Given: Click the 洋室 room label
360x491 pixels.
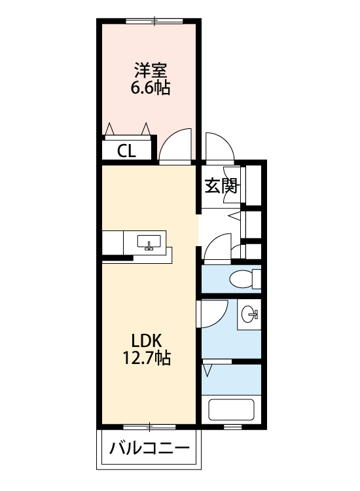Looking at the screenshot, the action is pos(151,70).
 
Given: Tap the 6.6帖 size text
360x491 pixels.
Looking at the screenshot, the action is pos(151,88).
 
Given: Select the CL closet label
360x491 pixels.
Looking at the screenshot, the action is pos(126,152).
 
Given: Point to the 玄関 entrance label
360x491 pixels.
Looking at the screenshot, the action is pos(221,186).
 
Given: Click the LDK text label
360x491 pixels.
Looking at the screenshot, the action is pos(146,340).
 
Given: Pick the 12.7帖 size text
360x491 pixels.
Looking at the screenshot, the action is pos(147,358).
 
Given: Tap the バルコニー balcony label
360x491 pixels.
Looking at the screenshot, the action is pos(149,448).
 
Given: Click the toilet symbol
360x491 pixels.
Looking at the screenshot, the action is pos(245,278).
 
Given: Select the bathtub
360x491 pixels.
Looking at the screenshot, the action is pos(231,410).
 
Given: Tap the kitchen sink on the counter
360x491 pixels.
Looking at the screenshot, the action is pos(149,242).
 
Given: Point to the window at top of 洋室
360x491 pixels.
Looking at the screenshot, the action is pos(154,22).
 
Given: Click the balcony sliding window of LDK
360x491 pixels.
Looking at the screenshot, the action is pos(149,427).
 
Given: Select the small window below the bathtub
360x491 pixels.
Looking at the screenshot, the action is pos(233,427).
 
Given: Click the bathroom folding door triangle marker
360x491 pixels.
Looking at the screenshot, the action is pos(207,371).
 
